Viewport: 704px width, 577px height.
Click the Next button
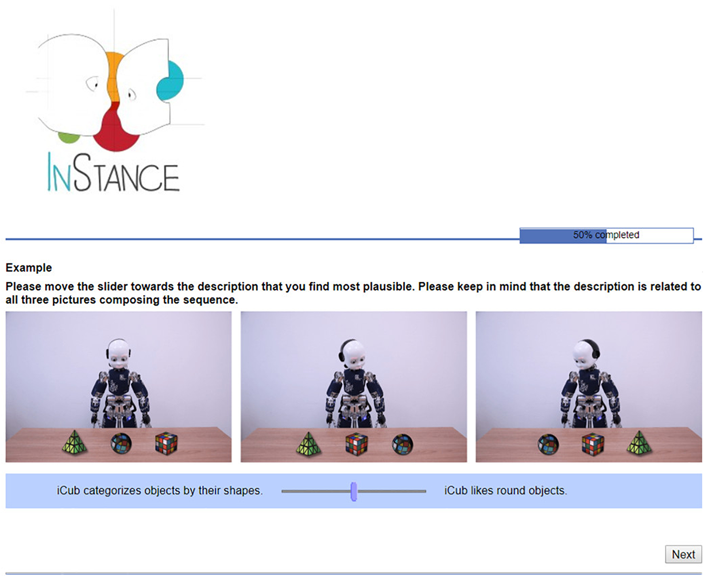point(683,554)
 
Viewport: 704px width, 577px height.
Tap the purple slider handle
point(353,491)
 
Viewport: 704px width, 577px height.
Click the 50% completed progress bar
point(606,235)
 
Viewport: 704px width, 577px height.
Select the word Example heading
point(29,268)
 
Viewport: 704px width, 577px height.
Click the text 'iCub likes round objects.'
point(505,491)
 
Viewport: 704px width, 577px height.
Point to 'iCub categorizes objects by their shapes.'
point(160,491)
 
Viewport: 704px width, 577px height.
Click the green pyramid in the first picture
point(75,443)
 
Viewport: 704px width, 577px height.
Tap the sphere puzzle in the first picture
point(121,444)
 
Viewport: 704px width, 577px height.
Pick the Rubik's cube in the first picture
point(166,444)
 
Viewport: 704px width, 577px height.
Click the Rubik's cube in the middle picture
point(357,444)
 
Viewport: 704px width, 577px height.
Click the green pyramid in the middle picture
point(308,444)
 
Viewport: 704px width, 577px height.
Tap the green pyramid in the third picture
point(639,443)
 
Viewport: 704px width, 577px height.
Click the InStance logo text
point(113,174)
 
